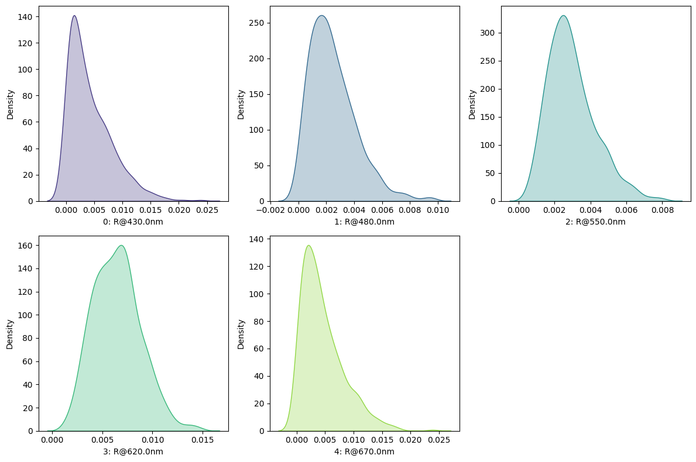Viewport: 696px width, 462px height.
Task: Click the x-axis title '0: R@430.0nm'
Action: coord(133,222)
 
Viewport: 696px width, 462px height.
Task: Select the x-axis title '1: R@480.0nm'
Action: coord(365,222)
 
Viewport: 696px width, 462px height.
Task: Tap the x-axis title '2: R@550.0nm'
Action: coord(596,222)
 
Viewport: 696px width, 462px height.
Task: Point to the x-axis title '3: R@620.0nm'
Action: coord(133,451)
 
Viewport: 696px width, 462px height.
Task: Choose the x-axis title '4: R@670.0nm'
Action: coord(365,451)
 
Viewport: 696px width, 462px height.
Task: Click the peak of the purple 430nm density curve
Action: coord(74,16)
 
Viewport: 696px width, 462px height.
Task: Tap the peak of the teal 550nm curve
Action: coord(563,16)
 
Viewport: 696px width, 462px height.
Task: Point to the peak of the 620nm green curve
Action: coord(121,246)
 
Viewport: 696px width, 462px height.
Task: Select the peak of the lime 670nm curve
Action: coord(308,246)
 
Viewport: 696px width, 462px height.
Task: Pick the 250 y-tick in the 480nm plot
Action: coord(259,23)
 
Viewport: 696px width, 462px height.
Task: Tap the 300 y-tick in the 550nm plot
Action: coord(490,33)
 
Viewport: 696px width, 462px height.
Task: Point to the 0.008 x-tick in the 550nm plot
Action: coord(662,209)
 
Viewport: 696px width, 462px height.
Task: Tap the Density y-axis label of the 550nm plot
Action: coord(472,104)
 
